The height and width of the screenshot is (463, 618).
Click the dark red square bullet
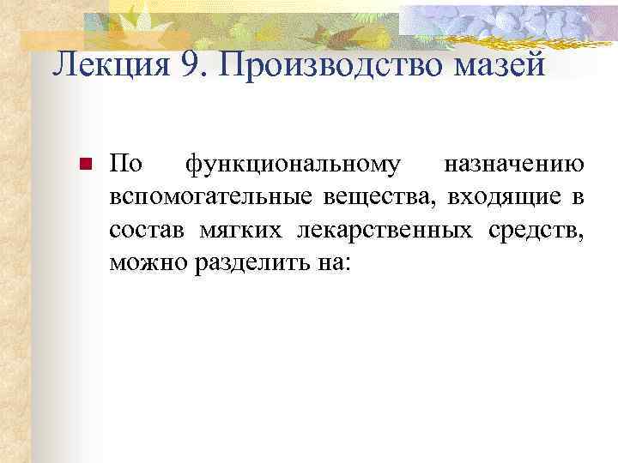pos(84,164)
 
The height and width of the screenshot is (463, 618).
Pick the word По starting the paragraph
pos(127,163)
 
